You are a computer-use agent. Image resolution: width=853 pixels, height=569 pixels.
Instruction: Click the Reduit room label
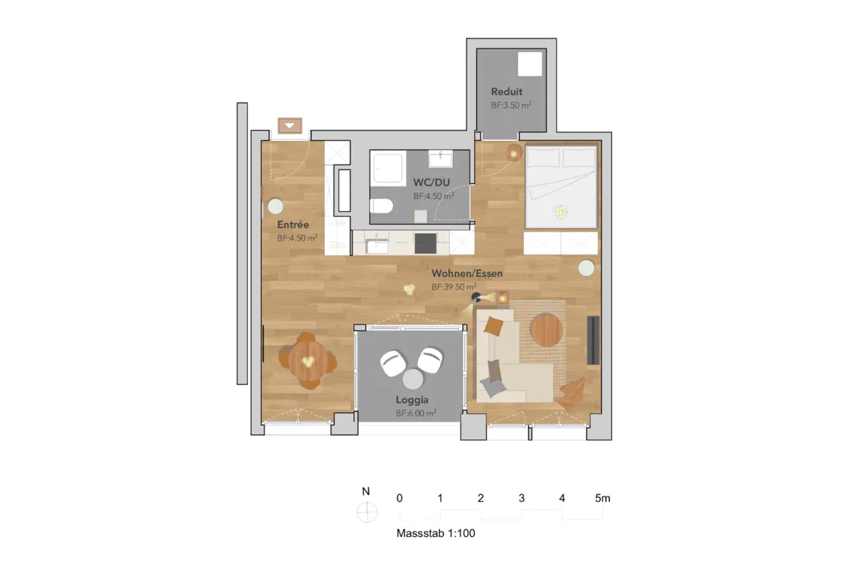click(506, 92)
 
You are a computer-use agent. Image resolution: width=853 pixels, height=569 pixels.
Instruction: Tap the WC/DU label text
click(431, 182)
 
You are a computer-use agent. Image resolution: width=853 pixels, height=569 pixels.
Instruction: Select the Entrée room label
click(293, 225)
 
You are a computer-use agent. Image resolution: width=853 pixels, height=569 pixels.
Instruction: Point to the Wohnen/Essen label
click(467, 273)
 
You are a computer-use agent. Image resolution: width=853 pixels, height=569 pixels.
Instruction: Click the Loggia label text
click(412, 400)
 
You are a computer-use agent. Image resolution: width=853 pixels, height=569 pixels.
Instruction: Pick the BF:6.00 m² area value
click(416, 413)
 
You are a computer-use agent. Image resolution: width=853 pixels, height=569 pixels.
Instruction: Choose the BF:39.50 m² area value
click(454, 287)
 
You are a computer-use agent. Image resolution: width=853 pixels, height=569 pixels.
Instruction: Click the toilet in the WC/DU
click(381, 206)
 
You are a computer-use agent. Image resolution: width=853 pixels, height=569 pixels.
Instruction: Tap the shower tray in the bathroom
click(388, 168)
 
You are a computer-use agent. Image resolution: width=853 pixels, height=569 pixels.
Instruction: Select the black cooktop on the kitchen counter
click(425, 243)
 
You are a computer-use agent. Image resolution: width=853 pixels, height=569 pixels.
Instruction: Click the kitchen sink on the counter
click(377, 245)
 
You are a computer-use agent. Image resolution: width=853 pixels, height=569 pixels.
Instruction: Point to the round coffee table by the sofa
click(547, 330)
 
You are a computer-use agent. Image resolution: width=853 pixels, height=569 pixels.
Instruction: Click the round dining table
click(308, 361)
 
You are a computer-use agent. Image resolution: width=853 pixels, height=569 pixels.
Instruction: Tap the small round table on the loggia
click(413, 379)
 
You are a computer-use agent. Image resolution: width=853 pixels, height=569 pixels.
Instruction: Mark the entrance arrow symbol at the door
click(290, 125)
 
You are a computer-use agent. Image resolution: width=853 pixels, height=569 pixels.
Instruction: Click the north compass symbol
click(367, 512)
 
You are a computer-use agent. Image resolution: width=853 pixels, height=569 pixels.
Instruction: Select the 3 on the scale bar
click(522, 498)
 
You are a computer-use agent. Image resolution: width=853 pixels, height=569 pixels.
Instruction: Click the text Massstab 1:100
click(436, 533)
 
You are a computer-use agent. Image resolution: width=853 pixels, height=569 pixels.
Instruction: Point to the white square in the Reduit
click(530, 64)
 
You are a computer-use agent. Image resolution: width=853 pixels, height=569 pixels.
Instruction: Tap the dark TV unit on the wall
click(594, 340)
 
